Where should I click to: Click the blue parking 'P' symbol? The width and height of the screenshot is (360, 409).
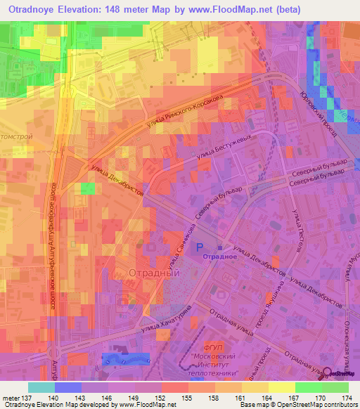[200, 247]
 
